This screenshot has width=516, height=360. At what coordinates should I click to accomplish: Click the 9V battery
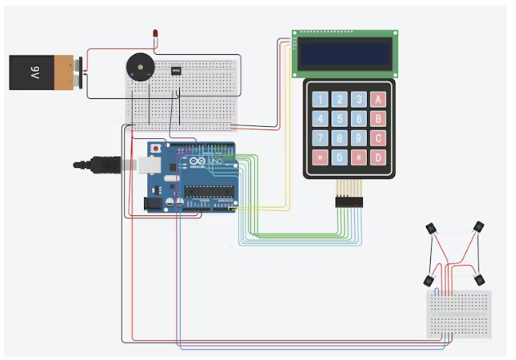pyautogui.click(x=41, y=72)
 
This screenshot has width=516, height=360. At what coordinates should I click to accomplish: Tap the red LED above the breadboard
pyautogui.click(x=155, y=33)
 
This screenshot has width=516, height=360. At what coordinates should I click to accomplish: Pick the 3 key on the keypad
pyautogui.click(x=358, y=99)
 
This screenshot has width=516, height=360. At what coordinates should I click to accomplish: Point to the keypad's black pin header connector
pyautogui.click(x=349, y=200)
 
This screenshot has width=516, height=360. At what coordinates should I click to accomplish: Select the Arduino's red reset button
pyautogui.click(x=154, y=150)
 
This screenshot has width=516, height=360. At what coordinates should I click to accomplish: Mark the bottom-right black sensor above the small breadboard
pyautogui.click(x=479, y=279)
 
